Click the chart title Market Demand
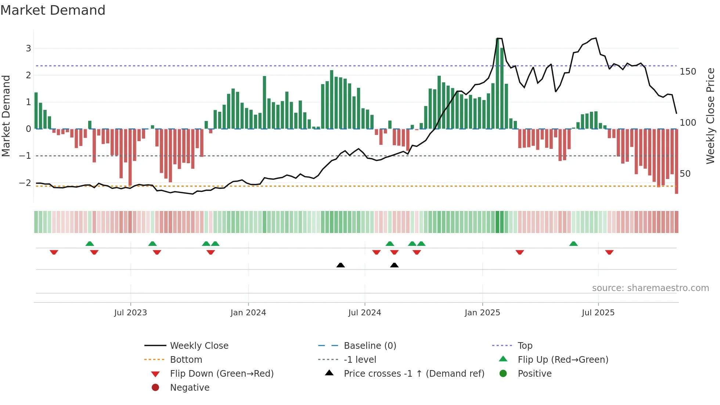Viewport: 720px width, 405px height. click(x=53, y=10)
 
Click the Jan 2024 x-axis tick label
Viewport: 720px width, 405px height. click(x=248, y=313)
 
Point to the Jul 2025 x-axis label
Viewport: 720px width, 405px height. click(x=598, y=313)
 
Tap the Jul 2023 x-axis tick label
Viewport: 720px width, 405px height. click(x=130, y=313)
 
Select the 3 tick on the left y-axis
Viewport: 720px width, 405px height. click(x=28, y=48)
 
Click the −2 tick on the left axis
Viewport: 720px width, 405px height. click(x=25, y=183)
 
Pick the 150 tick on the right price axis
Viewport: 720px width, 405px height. click(x=688, y=72)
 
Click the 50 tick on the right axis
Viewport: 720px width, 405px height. click(x=685, y=173)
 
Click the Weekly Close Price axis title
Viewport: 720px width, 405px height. click(x=710, y=116)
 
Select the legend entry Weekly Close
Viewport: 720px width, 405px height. click(x=199, y=346)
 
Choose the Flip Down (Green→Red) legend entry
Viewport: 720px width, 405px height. click(x=222, y=374)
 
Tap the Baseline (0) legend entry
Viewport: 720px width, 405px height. click(x=370, y=346)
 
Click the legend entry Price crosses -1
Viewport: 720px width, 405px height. click(x=414, y=374)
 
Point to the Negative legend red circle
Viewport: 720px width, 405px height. click(x=155, y=387)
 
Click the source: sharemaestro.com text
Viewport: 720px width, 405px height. click(x=650, y=288)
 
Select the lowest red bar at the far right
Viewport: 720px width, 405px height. click(x=676, y=162)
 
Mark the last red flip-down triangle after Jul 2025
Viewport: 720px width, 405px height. click(x=609, y=252)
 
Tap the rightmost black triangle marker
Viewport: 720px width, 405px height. click(x=394, y=265)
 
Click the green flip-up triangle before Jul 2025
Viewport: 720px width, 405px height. click(x=573, y=244)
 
